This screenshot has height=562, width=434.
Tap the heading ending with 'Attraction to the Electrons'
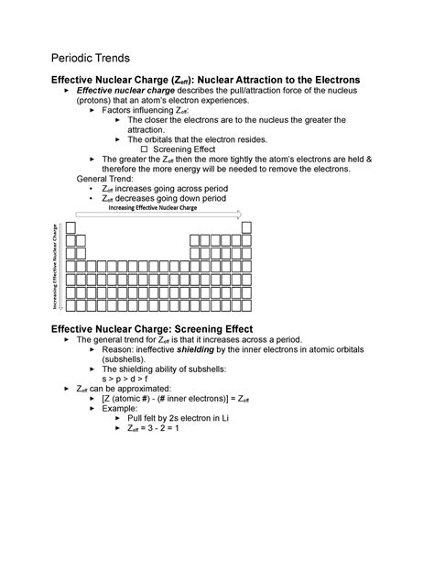coord(205,80)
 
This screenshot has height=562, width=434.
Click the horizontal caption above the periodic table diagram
coord(153,208)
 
